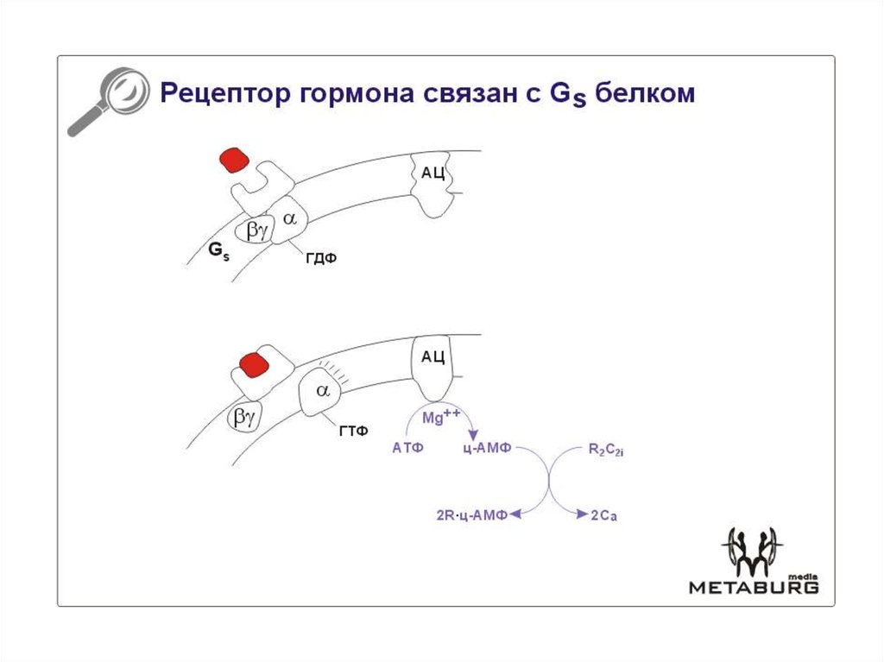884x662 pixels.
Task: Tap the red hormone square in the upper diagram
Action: (234, 161)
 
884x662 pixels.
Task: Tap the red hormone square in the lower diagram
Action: (255, 364)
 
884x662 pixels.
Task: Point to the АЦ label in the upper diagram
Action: (433, 173)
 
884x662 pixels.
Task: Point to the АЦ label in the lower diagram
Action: (433, 356)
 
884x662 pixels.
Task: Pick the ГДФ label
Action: (320, 258)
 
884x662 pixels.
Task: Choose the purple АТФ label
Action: (407, 448)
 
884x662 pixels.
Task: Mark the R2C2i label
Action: (606, 449)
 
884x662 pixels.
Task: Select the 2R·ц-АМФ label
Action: (470, 515)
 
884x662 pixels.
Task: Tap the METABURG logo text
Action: (753, 587)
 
